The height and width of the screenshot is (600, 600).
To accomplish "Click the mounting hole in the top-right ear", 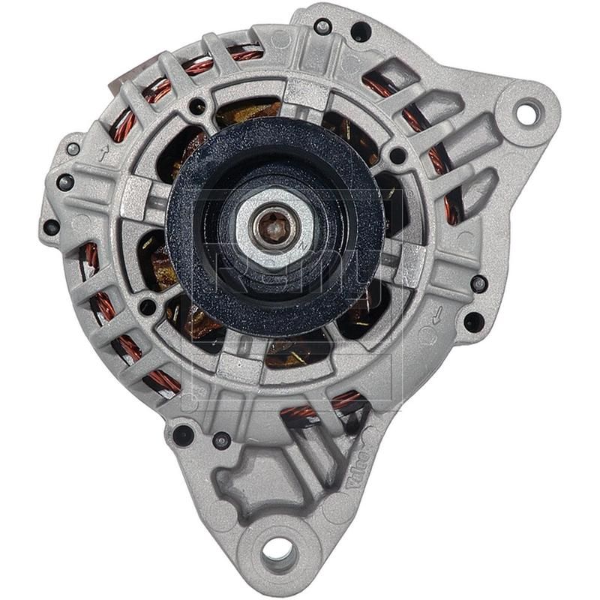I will [527, 112].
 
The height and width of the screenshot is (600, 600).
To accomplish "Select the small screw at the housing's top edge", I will [323, 28].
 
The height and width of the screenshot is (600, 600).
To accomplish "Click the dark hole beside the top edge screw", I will [361, 31].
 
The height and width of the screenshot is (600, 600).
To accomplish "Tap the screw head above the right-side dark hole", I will [478, 283].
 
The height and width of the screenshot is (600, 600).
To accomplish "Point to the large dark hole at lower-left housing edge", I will [182, 434].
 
